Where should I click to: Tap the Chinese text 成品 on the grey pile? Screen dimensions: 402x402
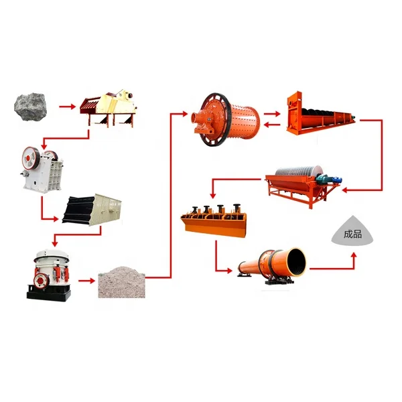tap(352, 234)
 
